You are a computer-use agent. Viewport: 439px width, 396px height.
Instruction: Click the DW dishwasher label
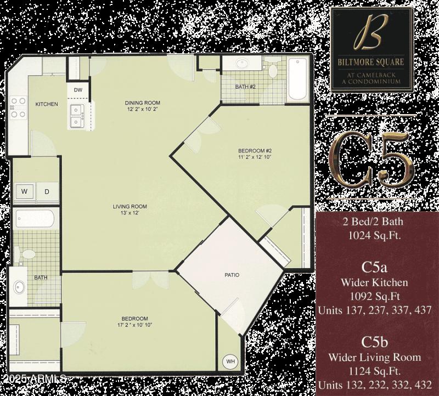[78, 90]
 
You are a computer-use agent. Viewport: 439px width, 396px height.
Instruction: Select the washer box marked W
[24, 191]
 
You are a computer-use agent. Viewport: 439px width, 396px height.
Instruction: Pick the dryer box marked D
[47, 191]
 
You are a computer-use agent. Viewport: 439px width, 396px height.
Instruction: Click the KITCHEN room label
[47, 104]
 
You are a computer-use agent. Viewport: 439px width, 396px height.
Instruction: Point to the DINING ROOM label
[142, 103]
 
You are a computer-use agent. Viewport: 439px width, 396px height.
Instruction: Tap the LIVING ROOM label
[130, 206]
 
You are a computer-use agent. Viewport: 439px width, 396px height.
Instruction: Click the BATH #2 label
[245, 87]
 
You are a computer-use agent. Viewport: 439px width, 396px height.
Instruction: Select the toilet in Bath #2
[272, 69]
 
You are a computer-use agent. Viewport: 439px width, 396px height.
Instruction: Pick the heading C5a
[375, 268]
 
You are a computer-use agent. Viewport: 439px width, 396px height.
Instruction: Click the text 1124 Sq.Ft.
[375, 370]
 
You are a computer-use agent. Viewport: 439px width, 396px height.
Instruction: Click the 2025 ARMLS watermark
[34, 379]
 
